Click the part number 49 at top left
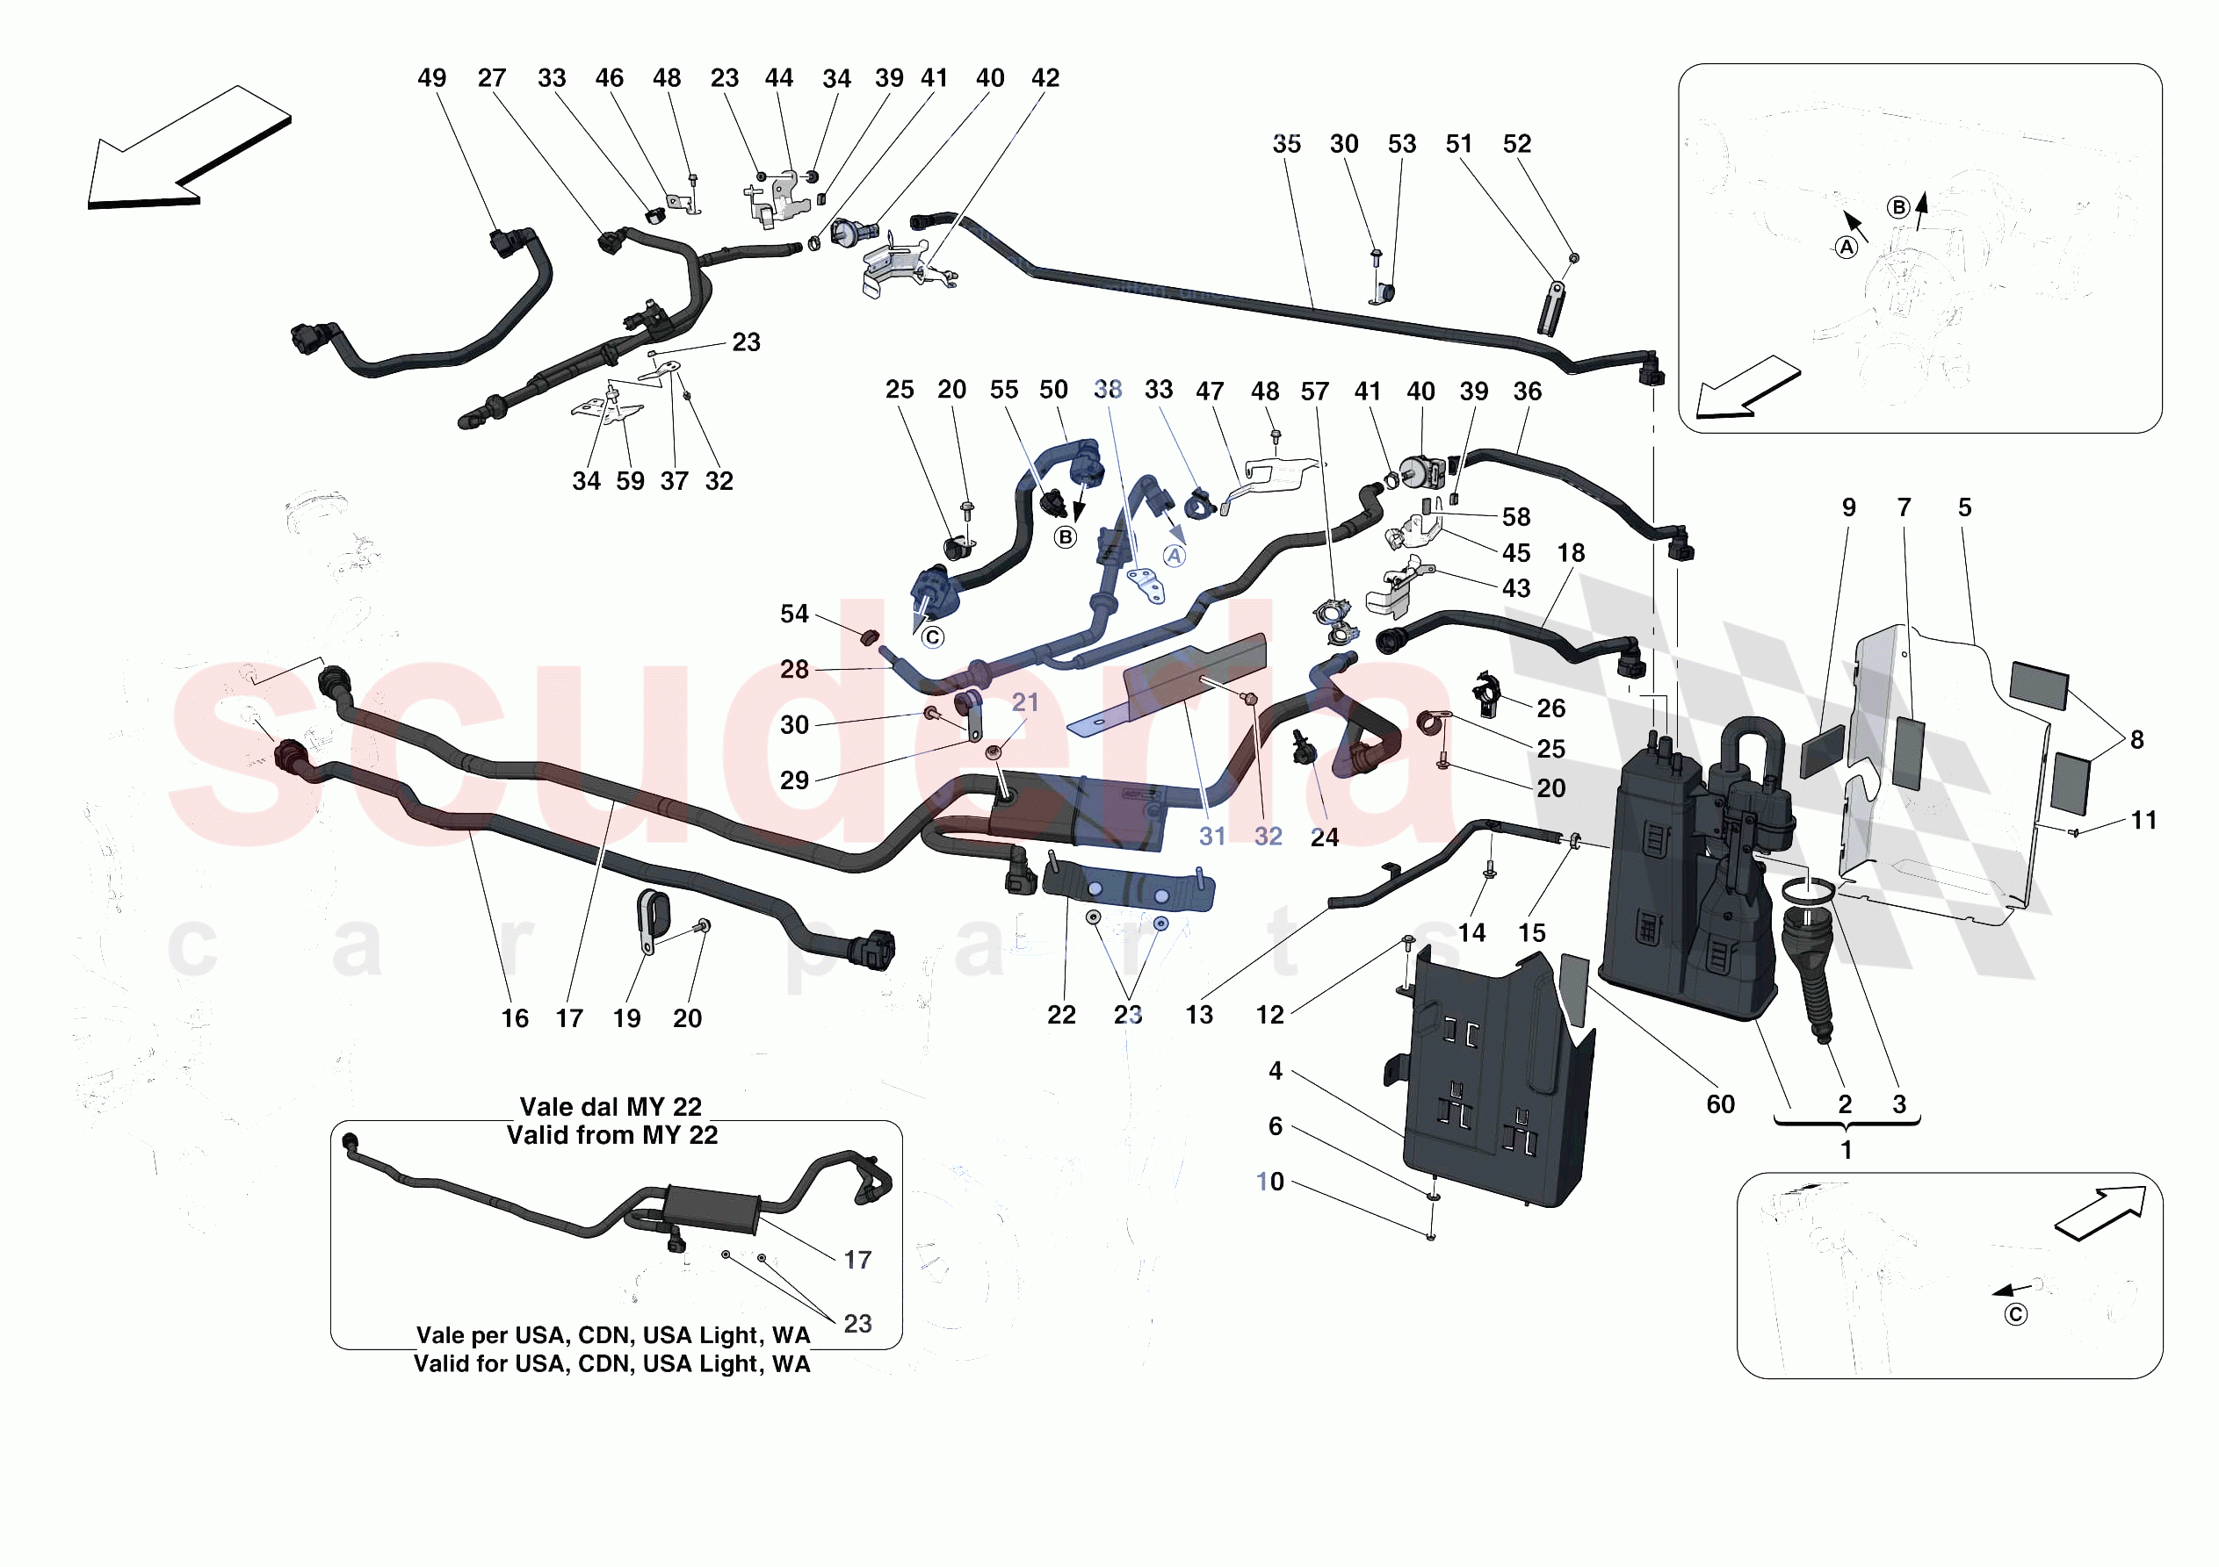(x=431, y=78)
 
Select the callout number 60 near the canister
(x=1720, y=1104)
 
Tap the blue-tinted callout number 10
(x=1269, y=1182)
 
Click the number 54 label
(x=793, y=615)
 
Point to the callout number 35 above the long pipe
(x=1285, y=144)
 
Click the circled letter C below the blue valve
(x=932, y=637)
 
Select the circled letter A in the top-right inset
(x=1846, y=248)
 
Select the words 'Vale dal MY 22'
(x=610, y=1107)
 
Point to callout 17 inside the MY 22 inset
(x=857, y=1260)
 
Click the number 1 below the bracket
(x=1846, y=1151)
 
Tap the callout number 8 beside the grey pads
(x=2136, y=740)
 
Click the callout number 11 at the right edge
(x=2143, y=820)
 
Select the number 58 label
(x=1515, y=518)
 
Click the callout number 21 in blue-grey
(x=1024, y=702)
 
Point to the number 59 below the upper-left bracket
(x=630, y=481)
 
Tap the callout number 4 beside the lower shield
(x=1275, y=1070)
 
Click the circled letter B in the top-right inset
(x=1898, y=207)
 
